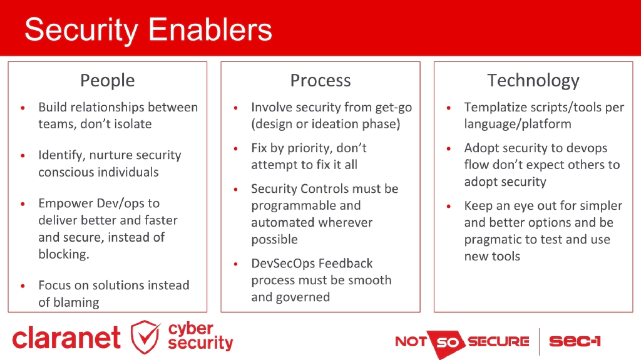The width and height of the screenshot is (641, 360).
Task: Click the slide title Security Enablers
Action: pyautogui.click(x=148, y=29)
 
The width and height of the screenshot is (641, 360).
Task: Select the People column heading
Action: pyautogui.click(x=107, y=80)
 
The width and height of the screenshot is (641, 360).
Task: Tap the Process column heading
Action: pyautogui.click(x=320, y=80)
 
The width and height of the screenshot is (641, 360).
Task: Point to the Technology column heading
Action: pyautogui.click(x=533, y=80)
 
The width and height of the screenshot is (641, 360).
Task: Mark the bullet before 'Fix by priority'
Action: pyautogui.click(x=235, y=149)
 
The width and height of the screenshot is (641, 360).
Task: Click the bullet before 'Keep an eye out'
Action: pyautogui.click(x=449, y=206)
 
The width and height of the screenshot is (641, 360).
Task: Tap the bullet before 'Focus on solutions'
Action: pyautogui.click(x=23, y=285)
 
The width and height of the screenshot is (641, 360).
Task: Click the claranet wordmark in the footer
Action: pyautogui.click(x=66, y=338)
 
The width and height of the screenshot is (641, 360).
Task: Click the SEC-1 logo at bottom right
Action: pyautogui.click(x=575, y=341)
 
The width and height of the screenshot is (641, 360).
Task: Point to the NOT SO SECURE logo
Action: pyautogui.click(x=462, y=342)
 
